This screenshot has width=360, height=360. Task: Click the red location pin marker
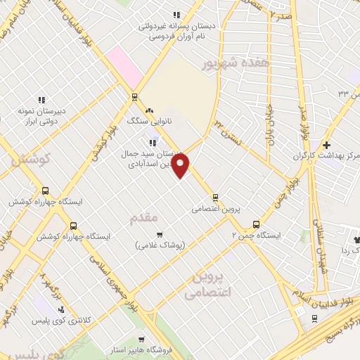pos(181,166)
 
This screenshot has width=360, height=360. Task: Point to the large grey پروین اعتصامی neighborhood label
pos(209,285)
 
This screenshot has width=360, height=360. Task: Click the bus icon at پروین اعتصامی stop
pos(215,198)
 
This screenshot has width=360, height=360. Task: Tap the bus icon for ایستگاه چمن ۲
pos(256,224)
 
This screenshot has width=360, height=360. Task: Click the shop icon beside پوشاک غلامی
pos(160,234)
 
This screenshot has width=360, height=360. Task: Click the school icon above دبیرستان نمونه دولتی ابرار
pos(41,100)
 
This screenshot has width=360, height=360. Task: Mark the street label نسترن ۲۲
pos(229,134)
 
